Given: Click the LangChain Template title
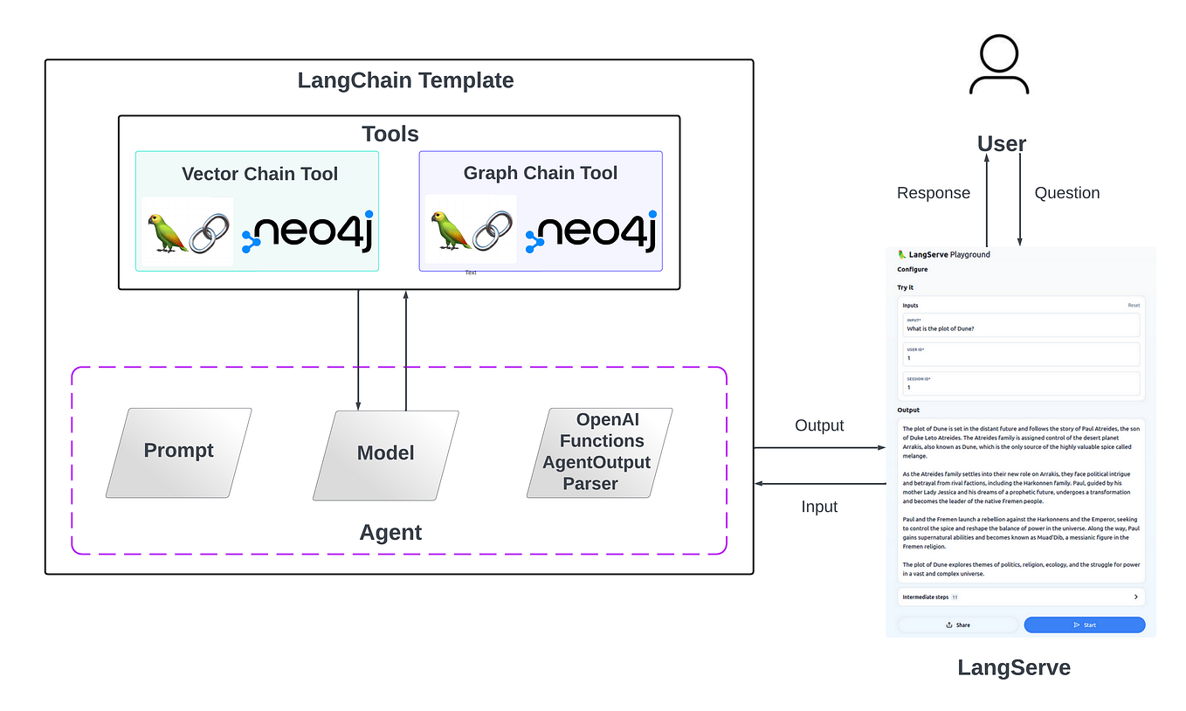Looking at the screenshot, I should (405, 81).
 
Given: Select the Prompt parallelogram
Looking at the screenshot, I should (179, 452).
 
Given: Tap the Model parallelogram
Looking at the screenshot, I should (385, 452).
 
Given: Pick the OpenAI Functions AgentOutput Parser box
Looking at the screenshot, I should (601, 452).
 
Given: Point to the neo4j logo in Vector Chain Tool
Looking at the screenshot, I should (308, 232).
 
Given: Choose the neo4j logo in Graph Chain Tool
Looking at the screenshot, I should (592, 232).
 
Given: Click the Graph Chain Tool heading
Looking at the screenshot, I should (540, 173).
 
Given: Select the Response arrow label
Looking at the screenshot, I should (934, 193).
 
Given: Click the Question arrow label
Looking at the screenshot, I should (1066, 193).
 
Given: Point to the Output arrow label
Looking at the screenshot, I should (819, 425).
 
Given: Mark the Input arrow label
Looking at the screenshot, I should (819, 507).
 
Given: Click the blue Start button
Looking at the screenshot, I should (1084, 625).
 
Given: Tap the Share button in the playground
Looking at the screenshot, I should (957, 625).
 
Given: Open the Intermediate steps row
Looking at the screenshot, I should (1020, 597).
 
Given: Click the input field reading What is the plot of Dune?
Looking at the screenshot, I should (1020, 325).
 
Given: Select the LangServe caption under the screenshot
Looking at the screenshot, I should (1013, 668).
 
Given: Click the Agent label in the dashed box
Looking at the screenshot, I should (390, 533).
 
